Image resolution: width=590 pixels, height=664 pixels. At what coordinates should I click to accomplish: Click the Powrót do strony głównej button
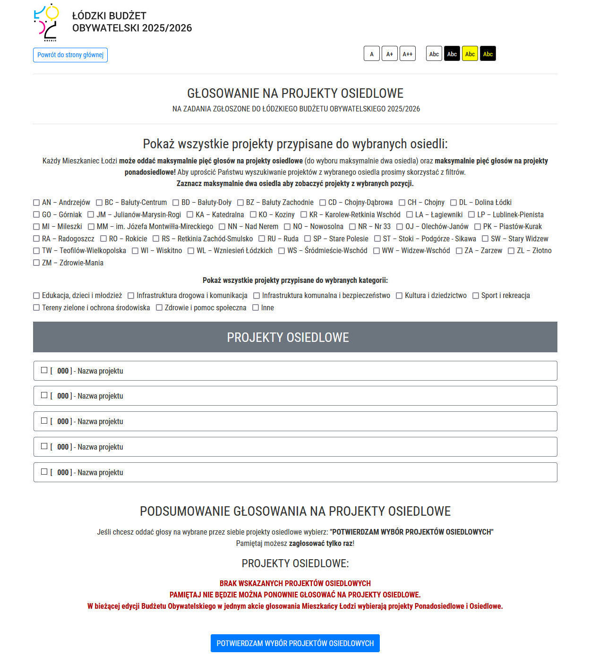pyautogui.click(x=70, y=55)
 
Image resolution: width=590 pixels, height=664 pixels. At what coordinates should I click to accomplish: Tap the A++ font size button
pyautogui.click(x=407, y=54)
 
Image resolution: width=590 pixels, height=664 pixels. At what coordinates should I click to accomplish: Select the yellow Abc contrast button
pyautogui.click(x=470, y=54)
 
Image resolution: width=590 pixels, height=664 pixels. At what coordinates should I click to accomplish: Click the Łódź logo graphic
pyautogui.click(x=46, y=22)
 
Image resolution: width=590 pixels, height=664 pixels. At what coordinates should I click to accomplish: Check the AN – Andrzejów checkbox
pyautogui.click(x=36, y=203)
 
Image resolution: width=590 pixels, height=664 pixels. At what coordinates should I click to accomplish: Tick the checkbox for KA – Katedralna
pyautogui.click(x=190, y=215)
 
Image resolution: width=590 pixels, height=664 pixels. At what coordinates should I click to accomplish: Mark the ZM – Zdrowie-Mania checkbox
pyautogui.click(x=36, y=263)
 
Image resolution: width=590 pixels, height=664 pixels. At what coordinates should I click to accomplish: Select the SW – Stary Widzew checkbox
pyautogui.click(x=485, y=239)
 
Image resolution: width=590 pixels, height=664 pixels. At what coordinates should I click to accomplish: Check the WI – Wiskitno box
pyautogui.click(x=135, y=251)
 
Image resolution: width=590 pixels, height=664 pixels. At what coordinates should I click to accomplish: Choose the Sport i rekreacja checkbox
pyautogui.click(x=476, y=296)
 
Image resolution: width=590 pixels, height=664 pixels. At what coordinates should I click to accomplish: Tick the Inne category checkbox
pyautogui.click(x=256, y=308)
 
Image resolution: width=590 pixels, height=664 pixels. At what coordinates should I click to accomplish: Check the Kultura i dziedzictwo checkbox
pyautogui.click(x=399, y=296)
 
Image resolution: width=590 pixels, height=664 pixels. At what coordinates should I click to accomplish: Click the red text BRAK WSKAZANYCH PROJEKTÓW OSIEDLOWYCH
pyautogui.click(x=295, y=583)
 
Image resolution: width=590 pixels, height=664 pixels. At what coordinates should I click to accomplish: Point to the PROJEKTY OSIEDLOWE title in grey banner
pyautogui.click(x=288, y=337)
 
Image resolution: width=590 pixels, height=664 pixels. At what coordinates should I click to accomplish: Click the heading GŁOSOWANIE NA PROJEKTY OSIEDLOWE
pyautogui.click(x=295, y=93)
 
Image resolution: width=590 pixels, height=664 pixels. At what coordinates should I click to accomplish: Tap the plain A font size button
pyautogui.click(x=371, y=54)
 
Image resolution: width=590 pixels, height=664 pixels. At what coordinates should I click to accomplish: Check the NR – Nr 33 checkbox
pyautogui.click(x=352, y=227)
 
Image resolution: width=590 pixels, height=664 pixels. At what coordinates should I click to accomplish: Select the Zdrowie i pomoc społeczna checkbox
pyautogui.click(x=159, y=308)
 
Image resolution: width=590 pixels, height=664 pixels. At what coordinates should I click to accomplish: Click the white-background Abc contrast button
pyautogui.click(x=434, y=54)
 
